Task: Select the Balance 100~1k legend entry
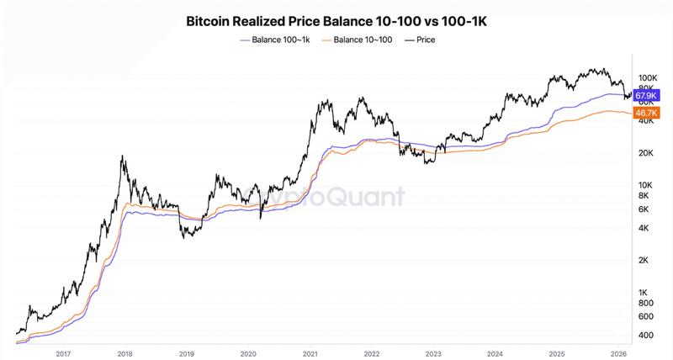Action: pyautogui.click(x=273, y=40)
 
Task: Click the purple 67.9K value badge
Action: pyautogui.click(x=646, y=96)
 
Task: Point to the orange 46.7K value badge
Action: pyautogui.click(x=646, y=112)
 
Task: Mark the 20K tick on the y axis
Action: pyautogui.click(x=645, y=153)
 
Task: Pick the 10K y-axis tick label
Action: pyautogui.click(x=645, y=185)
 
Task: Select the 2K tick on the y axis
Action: pyautogui.click(x=645, y=260)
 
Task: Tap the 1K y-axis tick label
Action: pyautogui.click(x=645, y=292)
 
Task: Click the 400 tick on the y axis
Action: pyautogui.click(x=645, y=335)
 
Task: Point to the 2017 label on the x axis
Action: pyautogui.click(x=61, y=354)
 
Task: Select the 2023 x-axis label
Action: pyautogui.click(x=433, y=354)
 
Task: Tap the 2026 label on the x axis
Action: pyautogui.click(x=619, y=354)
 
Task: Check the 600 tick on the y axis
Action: pyautogui.click(x=645, y=316)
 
